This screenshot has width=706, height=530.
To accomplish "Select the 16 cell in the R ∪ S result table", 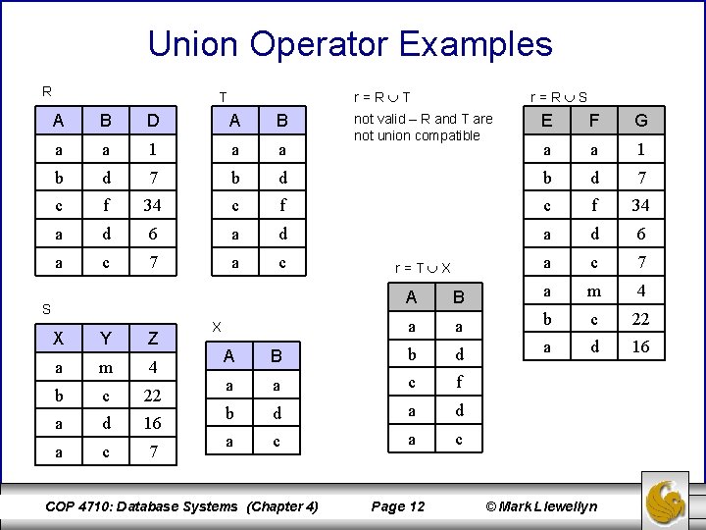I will [640, 348].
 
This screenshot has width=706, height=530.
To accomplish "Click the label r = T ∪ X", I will [423, 268].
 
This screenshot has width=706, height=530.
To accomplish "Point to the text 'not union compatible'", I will [417, 135].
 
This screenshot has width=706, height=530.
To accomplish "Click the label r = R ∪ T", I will [381, 97].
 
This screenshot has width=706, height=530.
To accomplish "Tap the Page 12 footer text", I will [398, 506].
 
